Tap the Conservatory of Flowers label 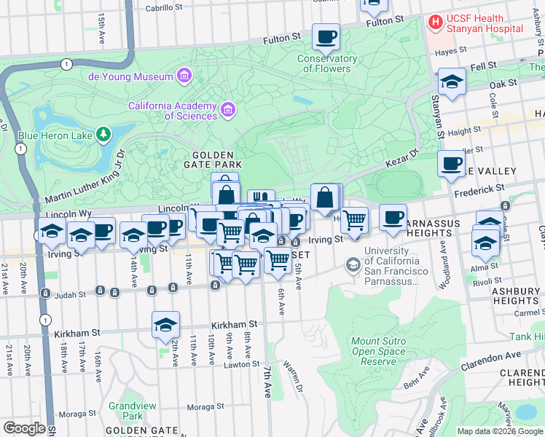coord(327,64)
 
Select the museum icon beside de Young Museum coord(184,76)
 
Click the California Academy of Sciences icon coord(229,110)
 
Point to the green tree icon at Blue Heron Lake coord(104,134)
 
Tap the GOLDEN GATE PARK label coord(213,161)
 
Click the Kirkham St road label coord(234,324)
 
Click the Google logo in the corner coord(24,428)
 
